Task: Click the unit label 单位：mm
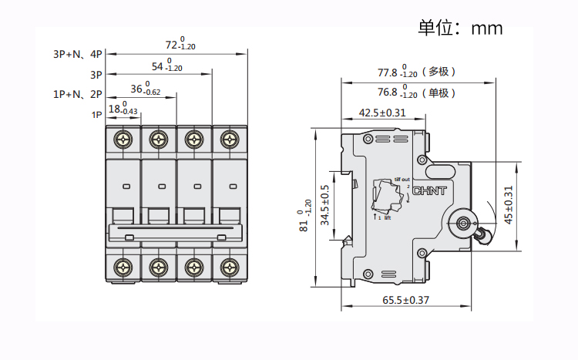[x=460, y=29]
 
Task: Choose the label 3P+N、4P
[x=77, y=55]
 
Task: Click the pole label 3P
[x=96, y=76]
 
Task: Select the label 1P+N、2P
[x=77, y=95]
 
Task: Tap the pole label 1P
[x=97, y=115]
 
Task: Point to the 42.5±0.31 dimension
[x=382, y=113]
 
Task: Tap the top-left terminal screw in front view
[x=123, y=139]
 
